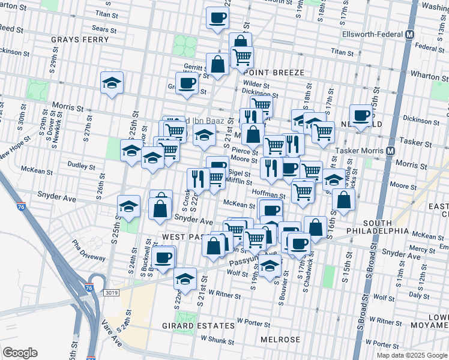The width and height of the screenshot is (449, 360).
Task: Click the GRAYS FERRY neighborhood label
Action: click(80, 40)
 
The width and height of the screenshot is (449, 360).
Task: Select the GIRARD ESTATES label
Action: click(198, 325)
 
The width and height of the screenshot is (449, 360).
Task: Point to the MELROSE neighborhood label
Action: click(280, 339)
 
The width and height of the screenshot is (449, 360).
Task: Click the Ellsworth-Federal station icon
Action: click(411, 35)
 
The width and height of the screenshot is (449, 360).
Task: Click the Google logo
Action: click(20, 353)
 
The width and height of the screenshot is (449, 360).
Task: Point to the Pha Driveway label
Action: click(88, 250)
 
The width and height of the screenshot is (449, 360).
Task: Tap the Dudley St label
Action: click(77, 163)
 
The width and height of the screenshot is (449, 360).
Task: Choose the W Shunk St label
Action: click(217, 340)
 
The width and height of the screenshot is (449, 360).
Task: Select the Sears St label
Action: click(104, 28)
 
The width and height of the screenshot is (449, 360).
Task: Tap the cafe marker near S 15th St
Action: click(361, 115)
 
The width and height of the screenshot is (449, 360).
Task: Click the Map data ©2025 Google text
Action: click(412, 355)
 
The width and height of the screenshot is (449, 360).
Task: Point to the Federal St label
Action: click(429, 47)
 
